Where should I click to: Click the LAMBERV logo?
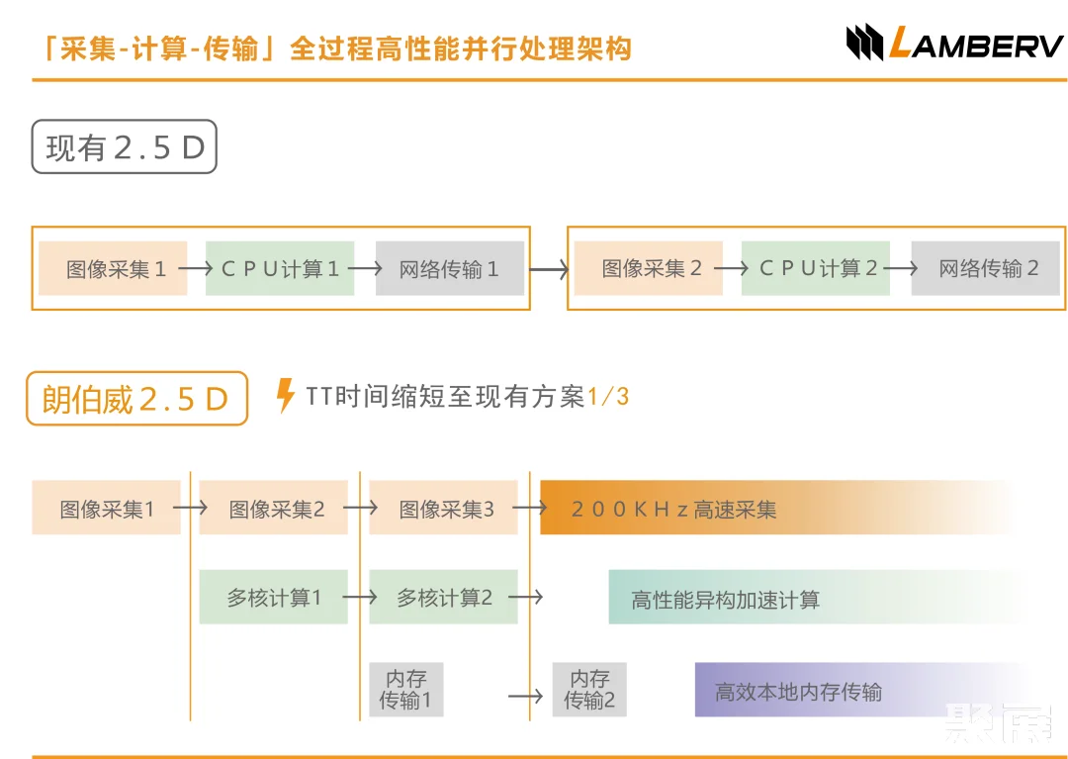click(x=953, y=44)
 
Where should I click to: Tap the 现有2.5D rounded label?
click(x=124, y=147)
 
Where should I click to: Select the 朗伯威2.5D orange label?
click(x=135, y=398)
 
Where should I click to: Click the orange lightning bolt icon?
click(x=285, y=396)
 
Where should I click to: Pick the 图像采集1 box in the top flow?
click(x=113, y=268)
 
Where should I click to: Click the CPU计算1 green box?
click(x=280, y=268)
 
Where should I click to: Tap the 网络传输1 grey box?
click(x=449, y=268)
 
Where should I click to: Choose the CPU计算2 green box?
click(x=816, y=268)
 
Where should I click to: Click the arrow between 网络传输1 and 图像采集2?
click(x=549, y=268)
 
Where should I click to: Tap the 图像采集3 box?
click(x=444, y=509)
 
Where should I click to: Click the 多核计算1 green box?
click(x=273, y=597)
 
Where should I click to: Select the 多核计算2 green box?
click(x=443, y=597)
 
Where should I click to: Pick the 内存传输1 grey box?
click(x=405, y=690)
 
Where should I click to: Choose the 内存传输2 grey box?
click(x=589, y=690)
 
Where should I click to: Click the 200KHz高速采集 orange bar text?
click(x=674, y=510)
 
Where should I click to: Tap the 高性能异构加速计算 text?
click(x=725, y=600)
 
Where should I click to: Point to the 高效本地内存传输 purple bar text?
click(x=798, y=691)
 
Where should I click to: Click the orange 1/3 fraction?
click(x=608, y=397)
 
